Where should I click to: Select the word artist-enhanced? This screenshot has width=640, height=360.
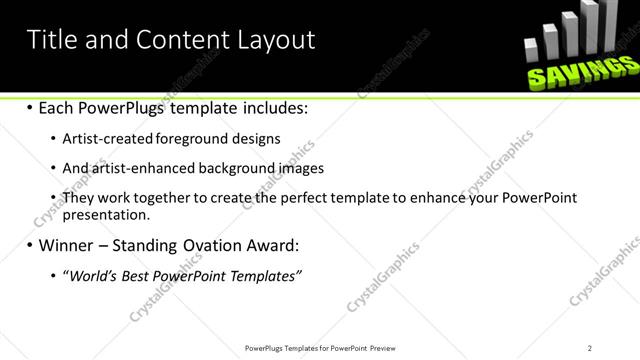tap(135, 169)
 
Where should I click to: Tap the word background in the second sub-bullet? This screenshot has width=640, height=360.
tap(232, 169)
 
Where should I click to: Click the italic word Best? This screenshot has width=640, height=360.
tap(131, 275)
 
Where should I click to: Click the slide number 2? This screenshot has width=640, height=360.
tap(590, 347)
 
